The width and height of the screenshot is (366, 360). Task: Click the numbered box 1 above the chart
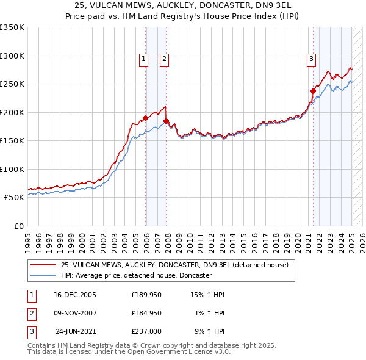coord(143,59)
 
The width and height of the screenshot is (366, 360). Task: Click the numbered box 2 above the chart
coord(165,59)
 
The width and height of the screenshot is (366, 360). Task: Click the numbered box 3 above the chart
coord(311,59)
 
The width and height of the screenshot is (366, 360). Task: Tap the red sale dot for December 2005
coord(145,118)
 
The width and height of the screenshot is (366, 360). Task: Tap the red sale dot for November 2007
coord(166,121)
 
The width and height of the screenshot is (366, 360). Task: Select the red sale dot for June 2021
coord(313,91)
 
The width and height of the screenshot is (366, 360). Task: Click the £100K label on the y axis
coord(12,169)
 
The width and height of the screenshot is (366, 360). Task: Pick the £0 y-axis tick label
coord(18,226)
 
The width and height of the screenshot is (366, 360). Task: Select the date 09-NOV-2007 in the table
coord(75,313)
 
